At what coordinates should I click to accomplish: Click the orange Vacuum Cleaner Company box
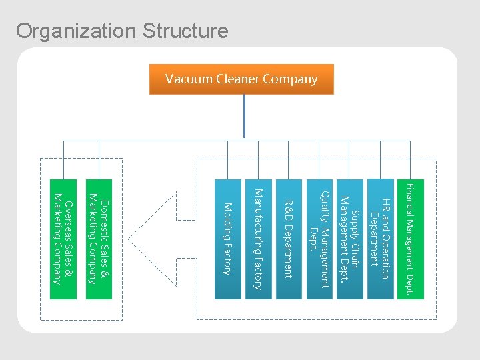[x=241, y=79]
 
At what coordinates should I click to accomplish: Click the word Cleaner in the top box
[x=237, y=79]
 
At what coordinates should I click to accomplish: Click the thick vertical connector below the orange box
[x=245, y=117]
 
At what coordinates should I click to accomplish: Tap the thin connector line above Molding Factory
[x=227, y=160]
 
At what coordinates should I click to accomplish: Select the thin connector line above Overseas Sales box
[x=63, y=160]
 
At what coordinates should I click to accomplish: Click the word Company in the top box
[x=290, y=79]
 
